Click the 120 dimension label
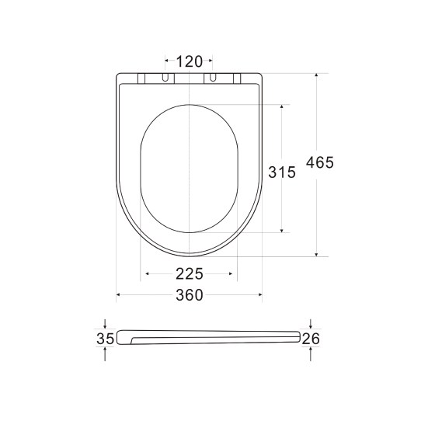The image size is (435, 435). pyautogui.click(x=189, y=61)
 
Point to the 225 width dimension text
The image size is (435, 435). pyautogui.click(x=189, y=273)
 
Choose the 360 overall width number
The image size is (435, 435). pyautogui.click(x=189, y=295)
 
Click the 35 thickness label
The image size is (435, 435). pyautogui.click(x=106, y=338)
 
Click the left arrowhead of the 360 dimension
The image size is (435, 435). pyautogui.click(x=119, y=295)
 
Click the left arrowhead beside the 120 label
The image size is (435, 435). pyautogui.click(x=165, y=61)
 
